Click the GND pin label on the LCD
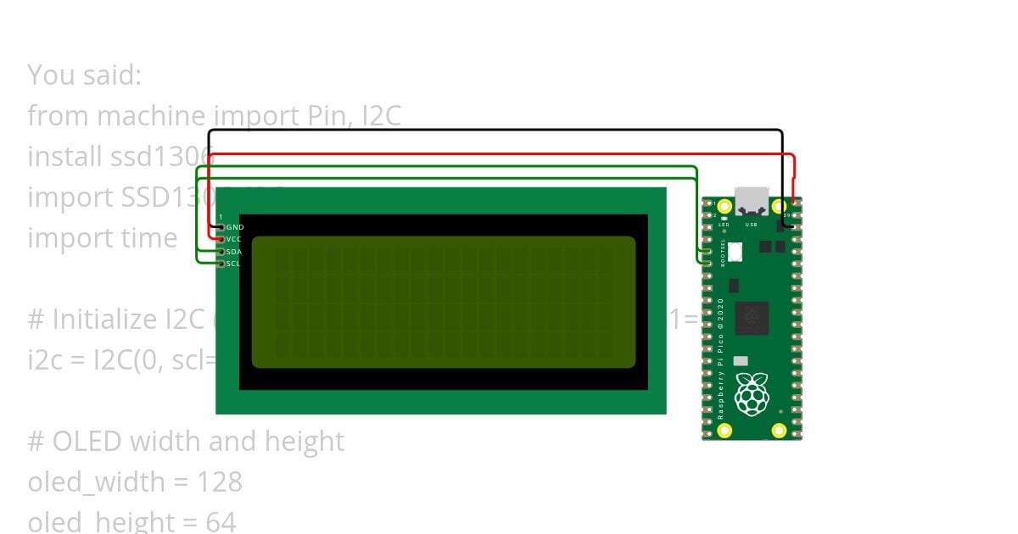[234, 228]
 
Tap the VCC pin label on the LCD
[234, 240]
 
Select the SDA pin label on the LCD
[234, 252]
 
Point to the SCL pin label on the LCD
[234, 264]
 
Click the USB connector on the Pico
[752, 202]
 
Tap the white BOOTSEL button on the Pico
[735, 252]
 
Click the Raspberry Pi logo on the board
[752, 395]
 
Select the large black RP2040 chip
[752, 318]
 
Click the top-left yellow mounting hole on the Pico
[724, 206]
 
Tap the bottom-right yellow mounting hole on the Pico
[779, 431]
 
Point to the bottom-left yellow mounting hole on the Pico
[724, 431]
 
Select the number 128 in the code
[220, 481]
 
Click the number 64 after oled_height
[221, 521]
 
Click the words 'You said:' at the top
[85, 75]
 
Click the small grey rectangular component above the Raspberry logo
[741, 361]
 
